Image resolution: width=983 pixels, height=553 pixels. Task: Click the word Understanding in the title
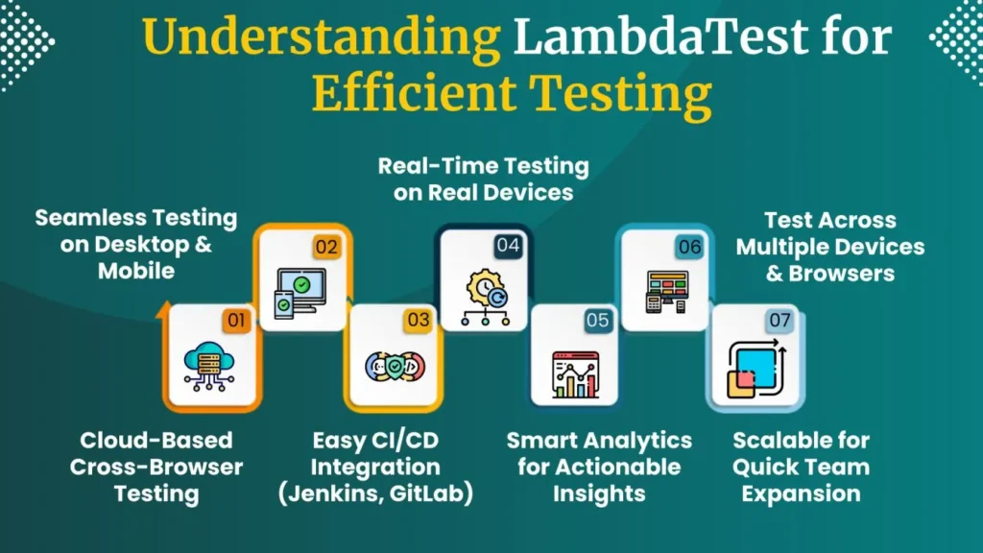pyautogui.click(x=322, y=38)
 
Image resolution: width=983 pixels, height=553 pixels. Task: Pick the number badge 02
pyautogui.click(x=326, y=247)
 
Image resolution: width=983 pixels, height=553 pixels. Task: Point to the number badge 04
pyautogui.click(x=508, y=247)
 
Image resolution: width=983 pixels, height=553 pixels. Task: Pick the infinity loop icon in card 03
pyautogui.click(x=391, y=368)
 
